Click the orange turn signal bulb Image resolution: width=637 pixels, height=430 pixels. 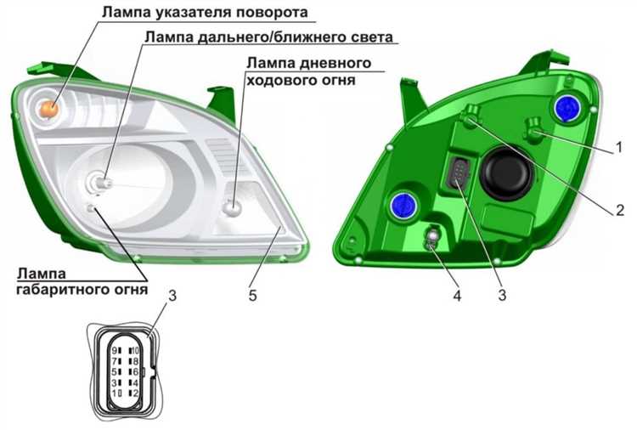48,109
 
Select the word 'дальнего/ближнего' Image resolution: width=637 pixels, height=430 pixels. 273,37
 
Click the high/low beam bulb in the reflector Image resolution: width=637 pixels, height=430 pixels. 99,182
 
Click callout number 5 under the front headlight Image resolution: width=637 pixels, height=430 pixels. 253,296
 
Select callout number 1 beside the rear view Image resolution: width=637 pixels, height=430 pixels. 618,147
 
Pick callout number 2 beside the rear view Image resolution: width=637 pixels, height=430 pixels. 620,210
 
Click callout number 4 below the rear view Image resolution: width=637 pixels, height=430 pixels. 458,296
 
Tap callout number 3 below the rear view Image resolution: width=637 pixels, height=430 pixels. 503,296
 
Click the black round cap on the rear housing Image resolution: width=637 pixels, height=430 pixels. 505,173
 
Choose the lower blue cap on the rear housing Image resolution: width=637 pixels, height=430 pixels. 403,205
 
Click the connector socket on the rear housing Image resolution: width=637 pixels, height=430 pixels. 458,173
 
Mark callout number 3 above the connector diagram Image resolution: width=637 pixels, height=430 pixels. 172,296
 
